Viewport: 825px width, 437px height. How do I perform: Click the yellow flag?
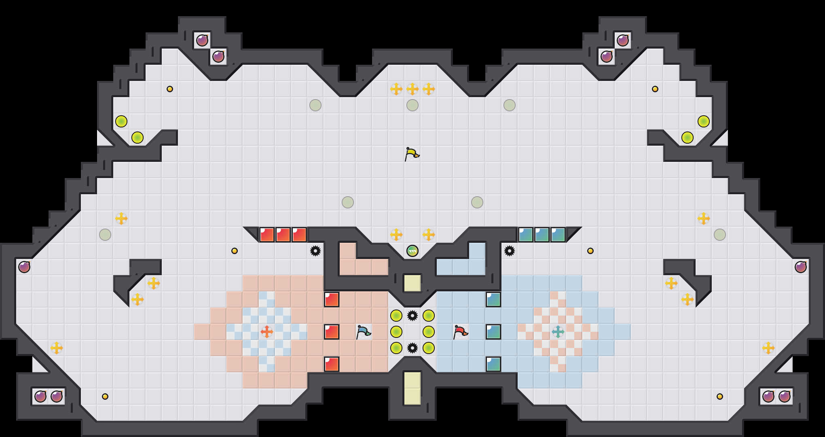coord(412,154)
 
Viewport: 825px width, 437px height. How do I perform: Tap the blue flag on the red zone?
coord(363,332)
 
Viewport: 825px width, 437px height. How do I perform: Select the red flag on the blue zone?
coord(460,332)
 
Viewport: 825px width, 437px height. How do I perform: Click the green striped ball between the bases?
coord(412,251)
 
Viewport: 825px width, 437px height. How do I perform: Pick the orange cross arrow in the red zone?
coord(267,332)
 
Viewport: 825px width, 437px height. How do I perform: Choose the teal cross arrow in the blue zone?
coord(558,332)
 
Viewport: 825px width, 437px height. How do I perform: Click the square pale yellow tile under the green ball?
coord(412,283)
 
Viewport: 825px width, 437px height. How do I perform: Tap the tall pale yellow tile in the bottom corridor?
coord(412,388)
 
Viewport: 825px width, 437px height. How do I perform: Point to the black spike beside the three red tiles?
coord(315,251)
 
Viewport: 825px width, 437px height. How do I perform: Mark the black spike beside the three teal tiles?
coord(509,251)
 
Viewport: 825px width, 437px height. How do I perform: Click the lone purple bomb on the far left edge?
coord(24,267)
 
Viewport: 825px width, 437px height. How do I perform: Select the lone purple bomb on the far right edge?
coord(800,267)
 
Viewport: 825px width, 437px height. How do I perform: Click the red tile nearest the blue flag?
coord(332,332)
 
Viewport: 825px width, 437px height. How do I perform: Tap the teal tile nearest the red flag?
coord(493,332)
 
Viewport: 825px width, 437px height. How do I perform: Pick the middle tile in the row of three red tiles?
coord(283,235)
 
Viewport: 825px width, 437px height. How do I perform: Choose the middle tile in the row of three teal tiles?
coord(542,235)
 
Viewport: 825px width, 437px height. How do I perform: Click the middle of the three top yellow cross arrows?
coord(412,89)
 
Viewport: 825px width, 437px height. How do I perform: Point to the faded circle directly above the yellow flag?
coord(412,105)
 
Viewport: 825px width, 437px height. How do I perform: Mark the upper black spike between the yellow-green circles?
coord(412,316)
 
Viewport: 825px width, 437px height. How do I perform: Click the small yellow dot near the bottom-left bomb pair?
coord(105,397)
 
